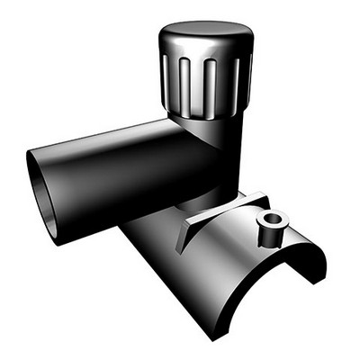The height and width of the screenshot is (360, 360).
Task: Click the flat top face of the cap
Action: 204,39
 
